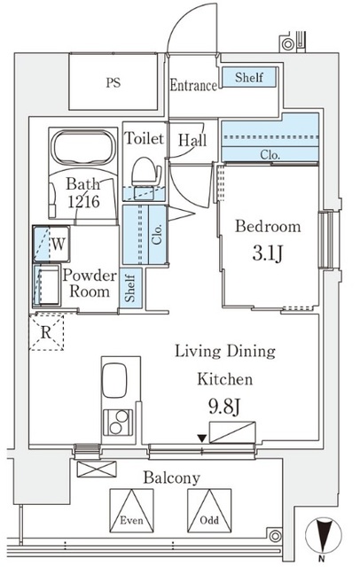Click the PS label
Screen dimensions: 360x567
(113, 82)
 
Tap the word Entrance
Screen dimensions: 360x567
(193, 86)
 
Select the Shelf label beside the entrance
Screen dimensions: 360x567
(249, 77)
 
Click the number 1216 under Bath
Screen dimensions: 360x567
(84, 201)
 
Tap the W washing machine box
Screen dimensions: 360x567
(51, 244)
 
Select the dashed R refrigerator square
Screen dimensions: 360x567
(46, 332)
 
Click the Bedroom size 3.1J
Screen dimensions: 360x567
(267, 253)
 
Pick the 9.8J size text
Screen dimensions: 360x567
(224, 408)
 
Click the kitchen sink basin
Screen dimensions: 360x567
(114, 380)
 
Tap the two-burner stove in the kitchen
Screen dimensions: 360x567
(118, 423)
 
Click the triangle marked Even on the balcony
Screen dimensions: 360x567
(131, 510)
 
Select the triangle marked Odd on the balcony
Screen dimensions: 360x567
(209, 510)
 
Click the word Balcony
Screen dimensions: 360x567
(171, 478)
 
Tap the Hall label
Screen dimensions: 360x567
(192, 140)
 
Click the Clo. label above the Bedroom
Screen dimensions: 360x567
(270, 155)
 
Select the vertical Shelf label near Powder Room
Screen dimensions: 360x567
(129, 288)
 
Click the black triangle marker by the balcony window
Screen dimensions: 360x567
(202, 439)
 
